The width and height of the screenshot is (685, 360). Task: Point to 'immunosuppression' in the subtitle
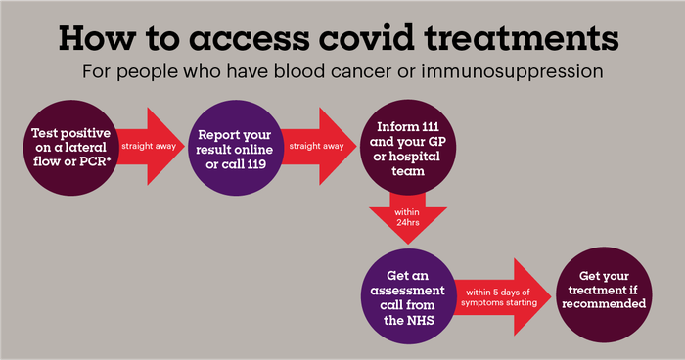[512, 72]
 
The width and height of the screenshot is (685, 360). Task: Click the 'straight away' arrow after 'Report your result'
[312, 146]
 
